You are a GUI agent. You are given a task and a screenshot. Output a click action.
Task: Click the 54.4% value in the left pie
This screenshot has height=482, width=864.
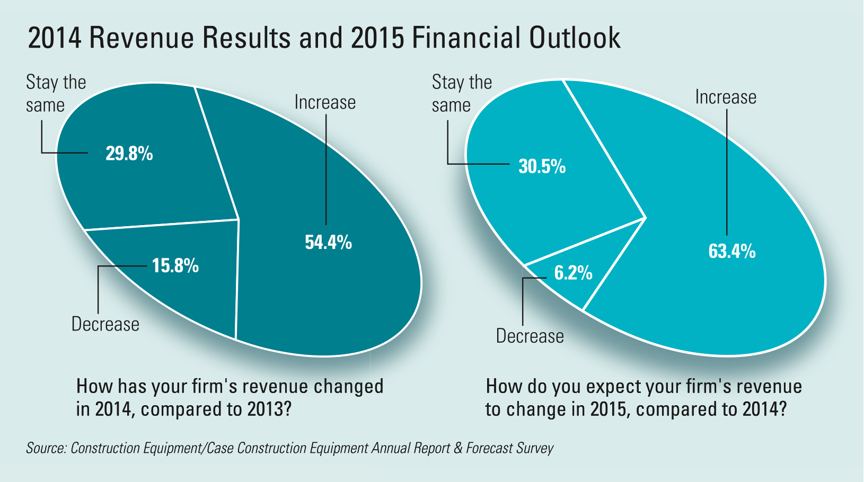click(328, 243)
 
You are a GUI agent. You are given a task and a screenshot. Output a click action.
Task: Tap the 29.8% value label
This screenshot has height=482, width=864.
click(129, 154)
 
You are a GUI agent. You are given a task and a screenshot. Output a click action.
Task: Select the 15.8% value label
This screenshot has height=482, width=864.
click(175, 265)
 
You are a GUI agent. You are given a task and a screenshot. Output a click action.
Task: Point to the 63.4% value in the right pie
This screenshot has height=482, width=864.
click(732, 251)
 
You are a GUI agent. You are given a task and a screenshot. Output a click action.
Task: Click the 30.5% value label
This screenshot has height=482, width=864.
click(542, 166)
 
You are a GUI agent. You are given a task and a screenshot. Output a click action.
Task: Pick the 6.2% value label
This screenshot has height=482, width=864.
click(573, 273)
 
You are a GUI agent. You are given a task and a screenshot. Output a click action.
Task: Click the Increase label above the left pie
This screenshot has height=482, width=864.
click(325, 102)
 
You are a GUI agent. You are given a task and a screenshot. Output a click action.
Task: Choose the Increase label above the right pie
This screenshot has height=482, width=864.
click(726, 97)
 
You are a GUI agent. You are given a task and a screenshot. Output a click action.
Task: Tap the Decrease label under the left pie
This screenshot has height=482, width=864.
click(105, 324)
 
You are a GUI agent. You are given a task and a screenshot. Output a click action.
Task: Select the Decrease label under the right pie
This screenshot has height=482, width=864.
click(530, 336)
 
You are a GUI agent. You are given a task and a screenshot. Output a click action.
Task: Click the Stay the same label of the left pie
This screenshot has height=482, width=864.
click(56, 94)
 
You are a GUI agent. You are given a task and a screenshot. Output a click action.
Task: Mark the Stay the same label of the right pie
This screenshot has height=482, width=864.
click(462, 94)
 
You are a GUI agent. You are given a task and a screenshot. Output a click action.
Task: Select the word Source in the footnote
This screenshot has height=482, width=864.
click(46, 448)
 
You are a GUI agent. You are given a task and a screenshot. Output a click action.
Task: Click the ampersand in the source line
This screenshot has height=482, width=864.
click(458, 448)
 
